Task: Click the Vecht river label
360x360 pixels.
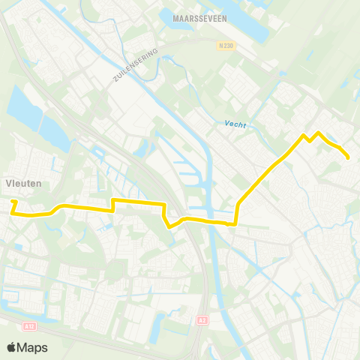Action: click(235, 124)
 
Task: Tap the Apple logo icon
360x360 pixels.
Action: click(11, 347)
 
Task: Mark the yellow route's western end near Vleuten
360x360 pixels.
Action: click(13, 202)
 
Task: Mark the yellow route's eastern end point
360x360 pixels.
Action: click(349, 157)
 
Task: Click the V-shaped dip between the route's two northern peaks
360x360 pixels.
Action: click(310, 140)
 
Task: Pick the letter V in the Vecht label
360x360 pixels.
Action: click(226, 124)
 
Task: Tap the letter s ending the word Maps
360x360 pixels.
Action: click(44, 348)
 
